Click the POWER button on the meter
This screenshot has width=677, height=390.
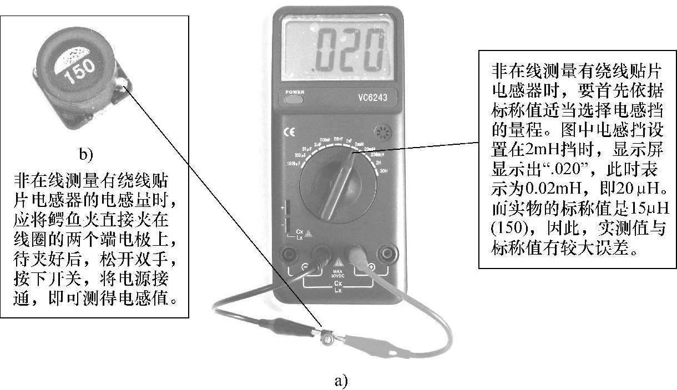tap(294, 100)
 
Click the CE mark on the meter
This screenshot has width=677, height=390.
tap(290, 133)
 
